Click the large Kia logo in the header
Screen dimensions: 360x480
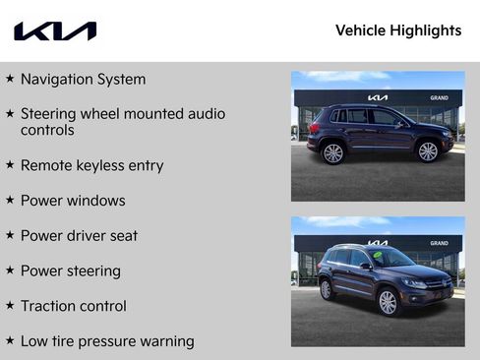pos(55,31)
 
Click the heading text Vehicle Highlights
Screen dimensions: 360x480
pos(397,30)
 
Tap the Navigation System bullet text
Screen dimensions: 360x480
pos(83,79)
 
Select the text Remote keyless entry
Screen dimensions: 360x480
pos(91,165)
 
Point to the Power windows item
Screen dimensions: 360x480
pos(73,201)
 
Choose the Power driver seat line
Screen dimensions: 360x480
pos(79,236)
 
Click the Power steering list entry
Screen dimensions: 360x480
pos(70,270)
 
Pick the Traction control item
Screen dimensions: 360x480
pos(73,306)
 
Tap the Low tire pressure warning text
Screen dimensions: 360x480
pos(107,341)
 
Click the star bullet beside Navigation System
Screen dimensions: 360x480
pos(10,78)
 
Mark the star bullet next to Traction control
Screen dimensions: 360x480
pos(10,306)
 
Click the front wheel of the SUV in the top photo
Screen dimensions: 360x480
pos(428,151)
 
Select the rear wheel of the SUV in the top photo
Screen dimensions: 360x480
pos(333,152)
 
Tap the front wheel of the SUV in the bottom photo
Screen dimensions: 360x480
pos(388,302)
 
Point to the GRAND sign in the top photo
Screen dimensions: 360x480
pos(439,98)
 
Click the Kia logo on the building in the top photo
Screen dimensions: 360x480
pos(378,98)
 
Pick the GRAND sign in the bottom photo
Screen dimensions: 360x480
pos(439,243)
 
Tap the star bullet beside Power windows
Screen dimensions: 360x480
pos(10,201)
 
